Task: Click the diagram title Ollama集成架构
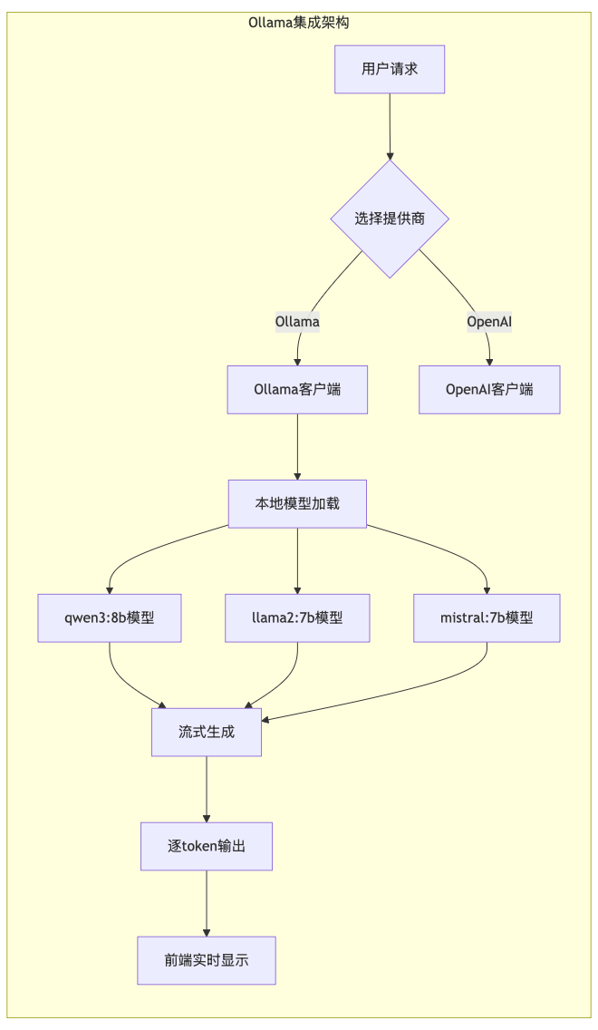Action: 298,23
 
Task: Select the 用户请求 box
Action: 390,69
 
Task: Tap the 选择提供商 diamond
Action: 390,219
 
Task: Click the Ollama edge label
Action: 297,321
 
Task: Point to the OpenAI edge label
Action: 489,321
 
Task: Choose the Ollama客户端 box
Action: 297,390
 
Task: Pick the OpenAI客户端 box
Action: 489,390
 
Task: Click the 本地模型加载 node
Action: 297,503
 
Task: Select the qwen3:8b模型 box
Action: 109,617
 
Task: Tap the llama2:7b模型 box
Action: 297,617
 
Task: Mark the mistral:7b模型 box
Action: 487,617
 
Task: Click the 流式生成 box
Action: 207,732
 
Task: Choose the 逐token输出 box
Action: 207,846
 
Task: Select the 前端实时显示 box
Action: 207,960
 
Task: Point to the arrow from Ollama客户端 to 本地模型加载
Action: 297,446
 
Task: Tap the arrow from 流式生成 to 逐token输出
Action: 207,789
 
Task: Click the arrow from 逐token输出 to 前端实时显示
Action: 207,903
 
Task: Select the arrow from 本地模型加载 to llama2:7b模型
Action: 297,560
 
